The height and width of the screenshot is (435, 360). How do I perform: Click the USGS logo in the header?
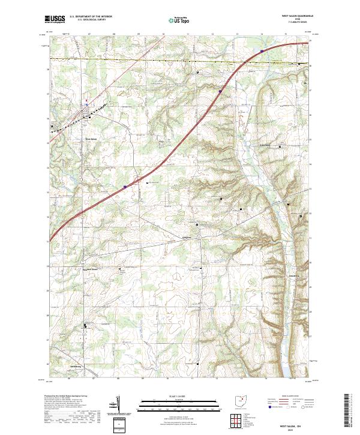point(55,19)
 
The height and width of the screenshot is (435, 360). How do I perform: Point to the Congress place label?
point(187,236)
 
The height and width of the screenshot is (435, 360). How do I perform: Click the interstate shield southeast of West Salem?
point(125,187)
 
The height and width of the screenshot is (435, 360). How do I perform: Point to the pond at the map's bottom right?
point(287,370)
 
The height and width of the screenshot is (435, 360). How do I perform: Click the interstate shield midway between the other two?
point(220,91)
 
